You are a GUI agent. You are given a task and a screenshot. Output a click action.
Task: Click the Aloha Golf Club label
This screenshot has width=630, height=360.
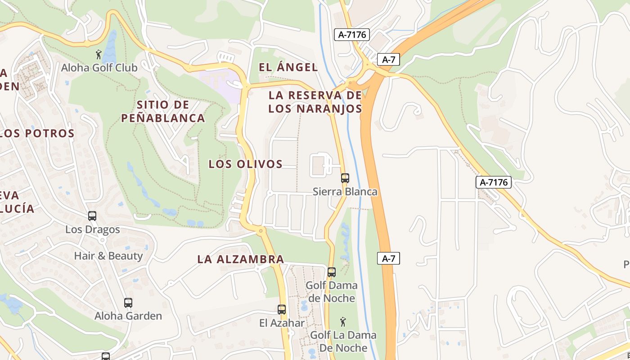(99, 68)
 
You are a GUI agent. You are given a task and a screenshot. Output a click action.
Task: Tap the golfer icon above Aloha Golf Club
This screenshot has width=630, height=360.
(99, 55)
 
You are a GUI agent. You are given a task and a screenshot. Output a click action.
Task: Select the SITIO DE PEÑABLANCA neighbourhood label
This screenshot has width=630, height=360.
(163, 112)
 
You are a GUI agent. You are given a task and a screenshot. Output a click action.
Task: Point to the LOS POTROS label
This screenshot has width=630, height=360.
(37, 133)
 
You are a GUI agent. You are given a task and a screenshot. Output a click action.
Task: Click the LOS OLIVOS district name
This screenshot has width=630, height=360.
(245, 164)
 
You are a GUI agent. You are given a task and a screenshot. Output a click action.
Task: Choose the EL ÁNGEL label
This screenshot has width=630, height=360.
(288, 67)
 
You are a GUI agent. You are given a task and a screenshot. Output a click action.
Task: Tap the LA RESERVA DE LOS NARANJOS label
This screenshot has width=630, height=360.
(315, 102)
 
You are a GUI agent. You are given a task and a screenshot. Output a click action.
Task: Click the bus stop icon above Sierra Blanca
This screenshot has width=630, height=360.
(345, 178)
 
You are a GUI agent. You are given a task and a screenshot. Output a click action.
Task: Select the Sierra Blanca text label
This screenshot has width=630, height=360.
(345, 192)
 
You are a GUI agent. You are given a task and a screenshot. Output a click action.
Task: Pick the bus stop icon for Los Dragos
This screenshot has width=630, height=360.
(92, 216)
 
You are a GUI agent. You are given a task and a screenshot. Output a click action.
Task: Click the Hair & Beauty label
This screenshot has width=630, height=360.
(108, 256)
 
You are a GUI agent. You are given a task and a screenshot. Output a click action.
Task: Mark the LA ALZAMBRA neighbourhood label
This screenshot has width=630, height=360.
(241, 259)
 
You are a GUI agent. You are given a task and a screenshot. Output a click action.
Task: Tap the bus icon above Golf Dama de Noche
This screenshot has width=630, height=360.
(332, 272)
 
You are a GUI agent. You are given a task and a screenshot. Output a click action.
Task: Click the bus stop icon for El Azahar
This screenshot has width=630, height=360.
(282, 310)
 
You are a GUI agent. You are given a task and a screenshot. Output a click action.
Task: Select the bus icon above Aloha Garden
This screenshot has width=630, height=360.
(128, 303)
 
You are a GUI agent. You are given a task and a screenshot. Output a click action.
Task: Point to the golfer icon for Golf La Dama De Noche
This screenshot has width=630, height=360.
(343, 322)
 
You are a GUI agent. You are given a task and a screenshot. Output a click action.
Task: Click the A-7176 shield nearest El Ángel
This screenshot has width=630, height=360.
(351, 35)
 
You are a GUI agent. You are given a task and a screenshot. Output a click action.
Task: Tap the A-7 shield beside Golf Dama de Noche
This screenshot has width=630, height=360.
(388, 258)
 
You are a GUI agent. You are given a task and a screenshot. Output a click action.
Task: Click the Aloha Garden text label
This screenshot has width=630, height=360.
(128, 316)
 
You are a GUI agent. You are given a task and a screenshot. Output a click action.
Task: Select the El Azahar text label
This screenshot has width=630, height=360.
(282, 323)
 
